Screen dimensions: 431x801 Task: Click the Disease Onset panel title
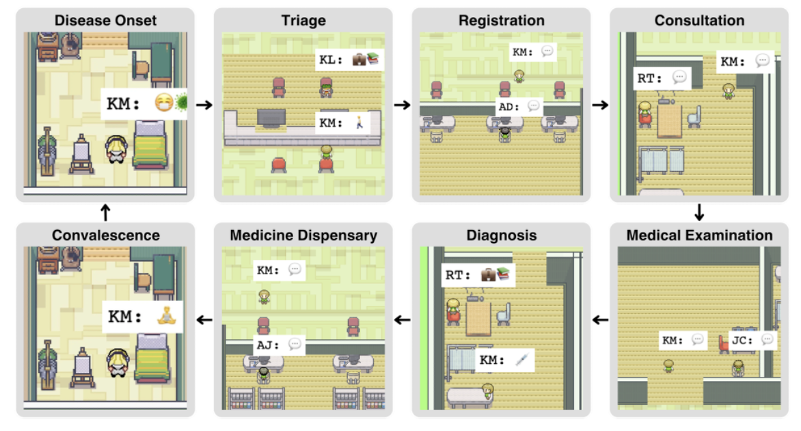tap(105, 20)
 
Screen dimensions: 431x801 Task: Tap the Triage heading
tap(303, 20)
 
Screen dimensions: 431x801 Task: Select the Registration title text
tap(502, 20)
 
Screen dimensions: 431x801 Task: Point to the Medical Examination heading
tap(699, 235)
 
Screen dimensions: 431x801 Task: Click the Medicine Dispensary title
tap(303, 235)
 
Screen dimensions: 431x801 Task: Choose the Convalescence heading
tap(105, 235)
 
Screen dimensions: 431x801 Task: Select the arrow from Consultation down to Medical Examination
tap(698, 213)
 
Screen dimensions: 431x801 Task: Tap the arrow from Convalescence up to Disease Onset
tap(105, 213)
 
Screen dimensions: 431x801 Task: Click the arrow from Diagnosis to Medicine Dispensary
tap(403, 319)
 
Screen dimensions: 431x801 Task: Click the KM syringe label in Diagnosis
tap(504, 361)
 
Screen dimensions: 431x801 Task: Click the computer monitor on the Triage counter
tap(271, 118)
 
